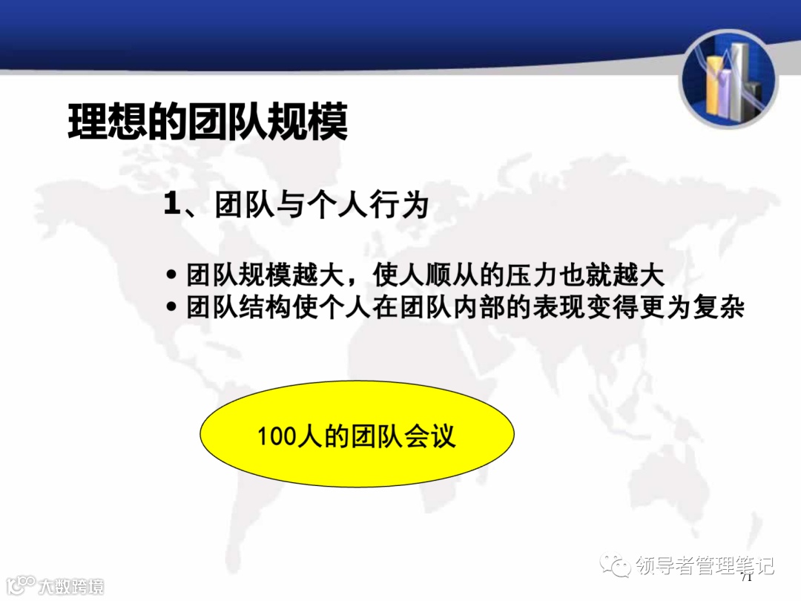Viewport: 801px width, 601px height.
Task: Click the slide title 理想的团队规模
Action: (208, 122)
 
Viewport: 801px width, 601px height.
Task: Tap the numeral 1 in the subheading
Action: (172, 206)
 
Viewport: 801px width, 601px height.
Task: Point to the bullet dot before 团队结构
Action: (172, 306)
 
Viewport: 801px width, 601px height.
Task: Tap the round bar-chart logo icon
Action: (728, 80)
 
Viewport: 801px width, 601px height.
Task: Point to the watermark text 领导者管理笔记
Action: (705, 566)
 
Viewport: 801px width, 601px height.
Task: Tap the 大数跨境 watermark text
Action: (71, 586)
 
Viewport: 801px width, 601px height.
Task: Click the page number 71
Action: (746, 577)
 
